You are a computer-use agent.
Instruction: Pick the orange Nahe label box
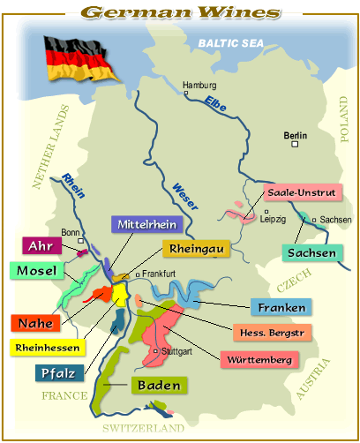coord(34,324)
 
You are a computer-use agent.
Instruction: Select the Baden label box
coord(159,386)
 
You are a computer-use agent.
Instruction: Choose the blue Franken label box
coord(282,308)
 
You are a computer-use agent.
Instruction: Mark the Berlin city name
coord(295,136)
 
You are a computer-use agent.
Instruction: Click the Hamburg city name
coord(199,86)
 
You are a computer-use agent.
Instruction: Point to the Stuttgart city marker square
coord(155,352)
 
